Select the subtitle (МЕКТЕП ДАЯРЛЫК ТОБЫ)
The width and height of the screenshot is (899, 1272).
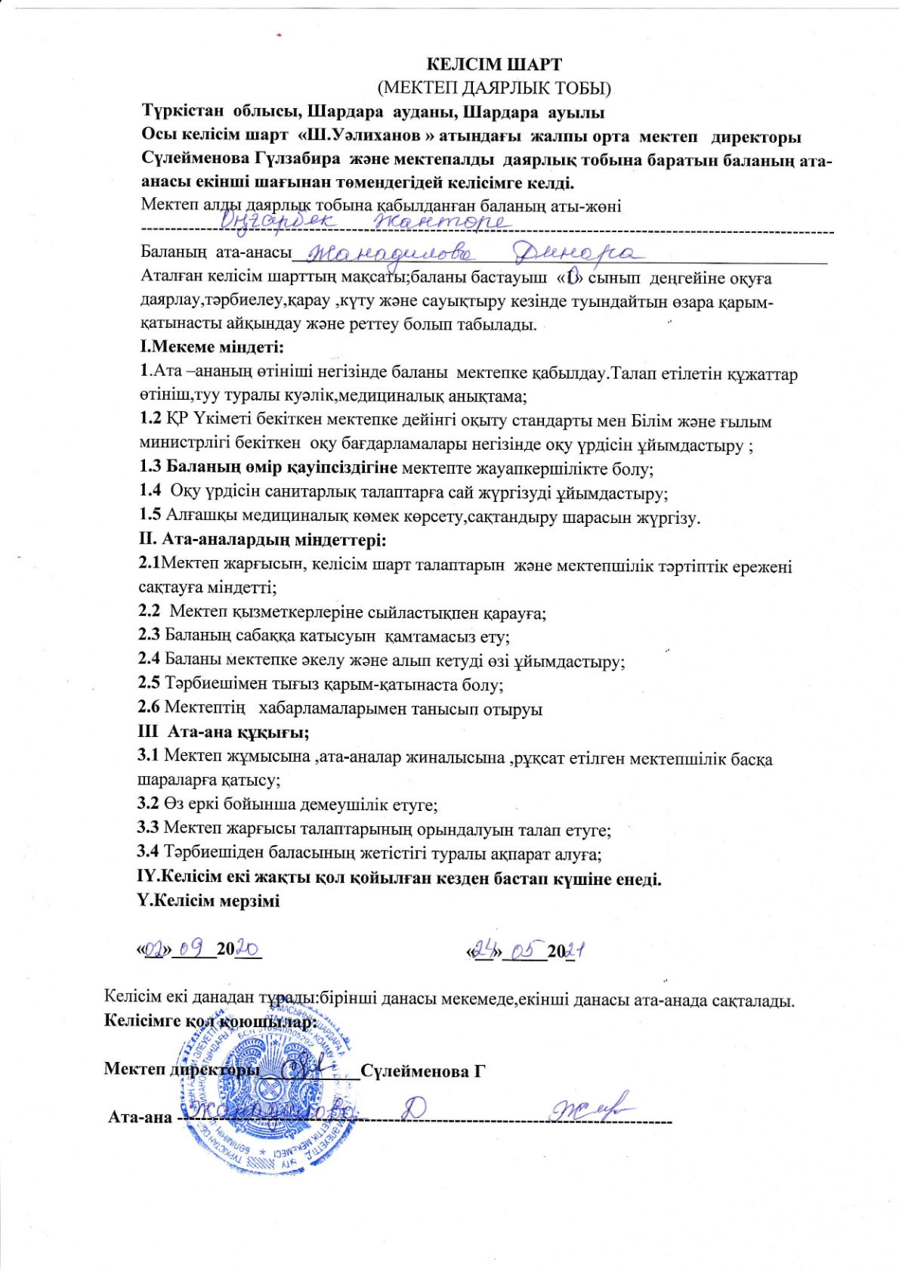coord(494,88)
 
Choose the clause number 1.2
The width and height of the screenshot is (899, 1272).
coord(151,420)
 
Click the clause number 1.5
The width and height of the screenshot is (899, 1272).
coord(150,517)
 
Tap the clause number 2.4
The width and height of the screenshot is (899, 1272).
coord(149,661)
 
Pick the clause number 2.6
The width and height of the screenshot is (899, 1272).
coord(149,709)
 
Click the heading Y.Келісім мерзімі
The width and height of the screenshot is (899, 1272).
coord(209,902)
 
